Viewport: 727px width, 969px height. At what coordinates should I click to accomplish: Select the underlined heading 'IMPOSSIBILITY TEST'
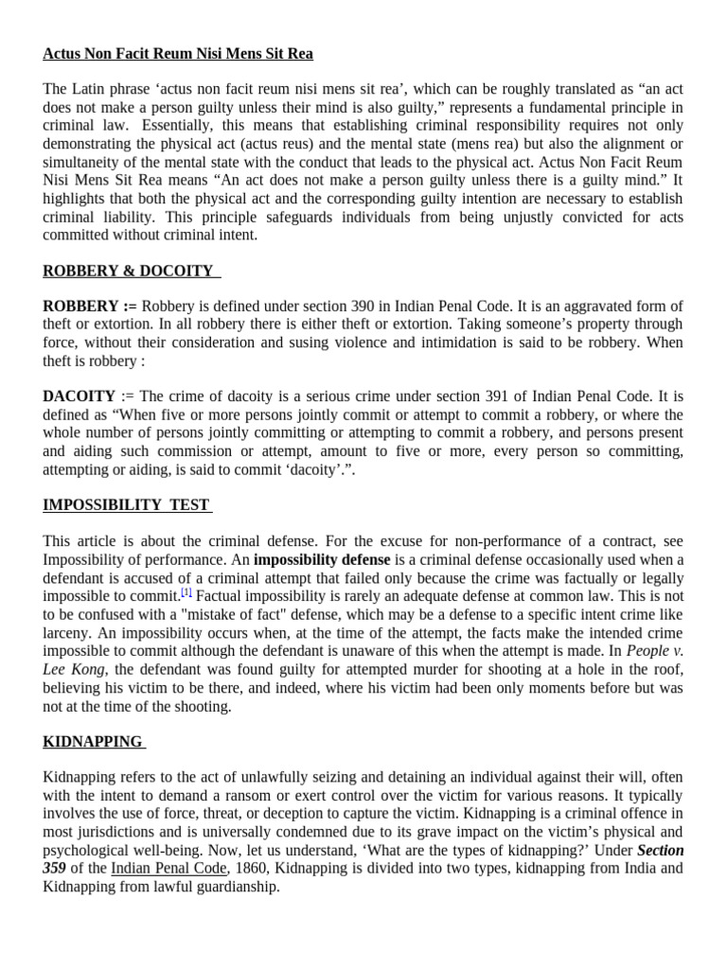127,504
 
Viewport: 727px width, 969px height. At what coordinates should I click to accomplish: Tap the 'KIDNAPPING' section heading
93,741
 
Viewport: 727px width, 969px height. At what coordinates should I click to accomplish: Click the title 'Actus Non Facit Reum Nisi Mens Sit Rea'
178,53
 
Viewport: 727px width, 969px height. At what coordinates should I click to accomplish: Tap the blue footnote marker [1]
186,592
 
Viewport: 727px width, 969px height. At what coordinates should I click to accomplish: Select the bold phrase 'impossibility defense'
321,559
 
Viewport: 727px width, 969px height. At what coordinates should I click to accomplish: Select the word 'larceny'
67,634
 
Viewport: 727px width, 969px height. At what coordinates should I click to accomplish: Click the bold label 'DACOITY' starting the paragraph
79,396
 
